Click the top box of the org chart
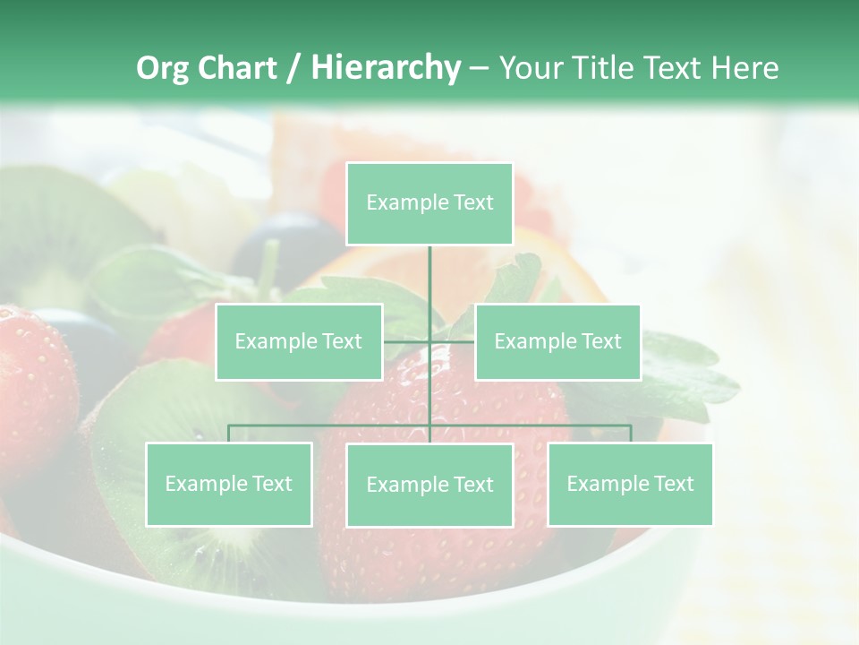(429, 203)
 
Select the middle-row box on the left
(299, 341)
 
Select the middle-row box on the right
(557, 341)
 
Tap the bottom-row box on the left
(229, 484)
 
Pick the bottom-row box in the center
(429, 485)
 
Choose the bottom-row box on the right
(630, 484)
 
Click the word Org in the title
(163, 68)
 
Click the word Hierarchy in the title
(386, 68)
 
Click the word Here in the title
(744, 68)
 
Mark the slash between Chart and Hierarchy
(293, 68)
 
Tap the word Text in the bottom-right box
(674, 484)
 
